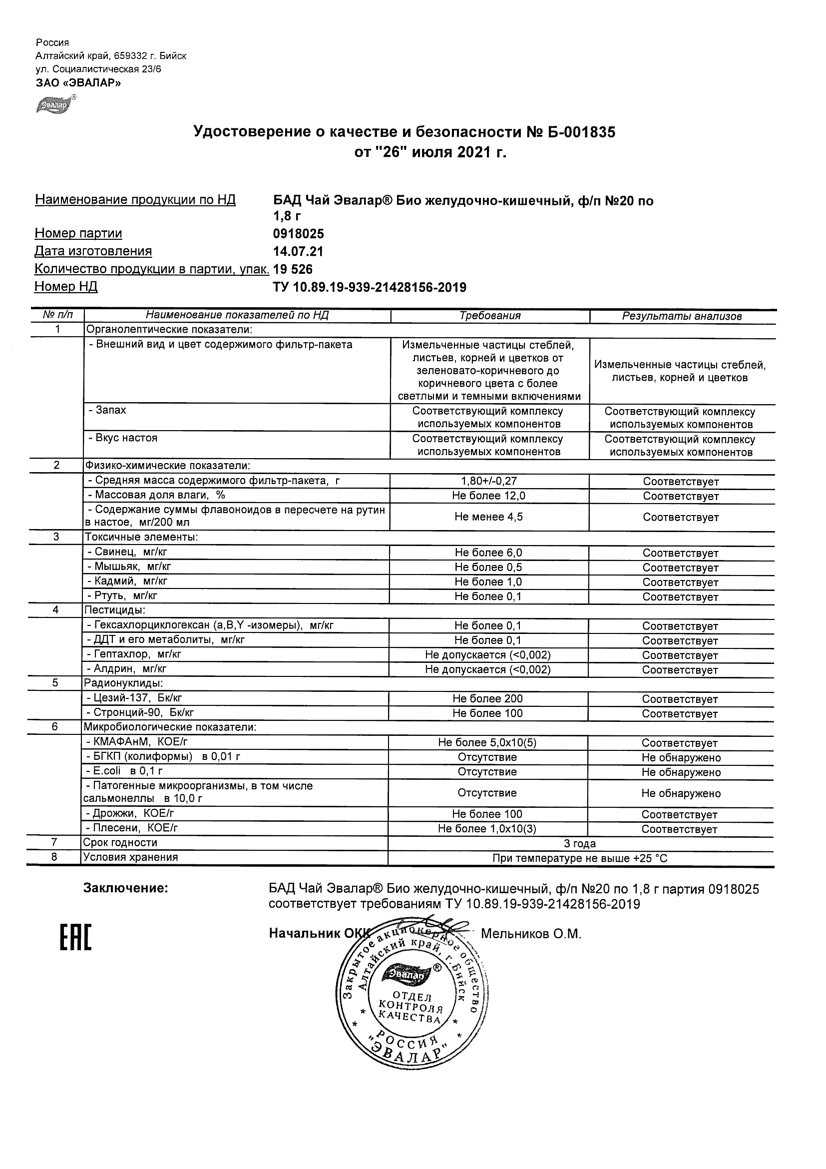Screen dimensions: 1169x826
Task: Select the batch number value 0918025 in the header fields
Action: [x=298, y=234]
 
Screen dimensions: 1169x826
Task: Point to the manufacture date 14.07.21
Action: [x=298, y=251]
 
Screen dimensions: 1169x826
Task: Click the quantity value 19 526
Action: [x=293, y=269]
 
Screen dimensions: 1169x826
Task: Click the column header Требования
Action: [x=489, y=316]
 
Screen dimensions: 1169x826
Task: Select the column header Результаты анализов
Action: [x=682, y=316]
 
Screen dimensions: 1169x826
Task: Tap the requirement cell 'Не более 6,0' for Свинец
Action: [x=488, y=553]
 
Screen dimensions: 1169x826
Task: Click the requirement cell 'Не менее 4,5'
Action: [x=488, y=517]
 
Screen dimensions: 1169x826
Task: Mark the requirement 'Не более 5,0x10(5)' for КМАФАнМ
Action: [x=487, y=742]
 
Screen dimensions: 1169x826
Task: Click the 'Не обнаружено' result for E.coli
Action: [x=681, y=772]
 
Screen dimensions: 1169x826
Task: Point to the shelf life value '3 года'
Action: [x=580, y=844]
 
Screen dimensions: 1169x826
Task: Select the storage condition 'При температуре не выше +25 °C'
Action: [x=580, y=858]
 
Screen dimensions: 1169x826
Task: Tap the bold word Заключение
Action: [x=125, y=888]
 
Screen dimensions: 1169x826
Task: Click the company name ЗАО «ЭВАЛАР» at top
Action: [x=78, y=83]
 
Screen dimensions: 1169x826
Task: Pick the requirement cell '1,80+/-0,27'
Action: [x=488, y=481]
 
